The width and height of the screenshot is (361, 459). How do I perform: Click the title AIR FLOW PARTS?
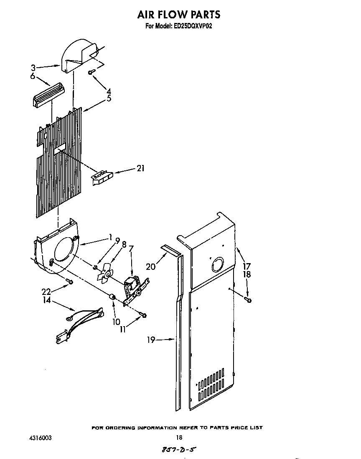[x=178, y=15]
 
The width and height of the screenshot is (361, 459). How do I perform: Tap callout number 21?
[x=140, y=169]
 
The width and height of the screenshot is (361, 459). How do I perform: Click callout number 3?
[x=33, y=67]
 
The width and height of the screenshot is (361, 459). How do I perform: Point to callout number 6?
[x=32, y=76]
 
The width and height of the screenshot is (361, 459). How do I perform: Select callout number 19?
[x=151, y=340]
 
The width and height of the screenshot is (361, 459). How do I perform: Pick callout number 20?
[x=151, y=266]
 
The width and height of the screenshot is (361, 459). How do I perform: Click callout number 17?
[x=247, y=265]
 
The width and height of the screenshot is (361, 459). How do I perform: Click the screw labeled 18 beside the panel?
[x=249, y=299]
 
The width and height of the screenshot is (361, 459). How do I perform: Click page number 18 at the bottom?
[x=179, y=438]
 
